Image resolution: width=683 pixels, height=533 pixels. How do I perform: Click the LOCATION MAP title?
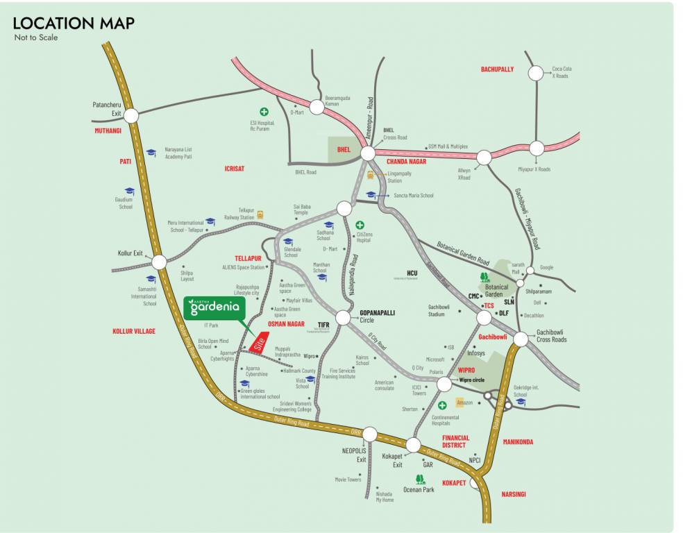click(74, 22)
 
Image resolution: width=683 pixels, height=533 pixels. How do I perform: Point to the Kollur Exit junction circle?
click(159, 262)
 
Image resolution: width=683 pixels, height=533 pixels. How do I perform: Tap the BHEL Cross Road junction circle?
click(368, 153)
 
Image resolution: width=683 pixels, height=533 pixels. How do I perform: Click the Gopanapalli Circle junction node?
click(343, 318)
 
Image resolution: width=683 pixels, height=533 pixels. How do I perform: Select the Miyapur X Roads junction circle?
click(537, 148)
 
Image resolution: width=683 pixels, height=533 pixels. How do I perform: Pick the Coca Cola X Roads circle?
click(536, 73)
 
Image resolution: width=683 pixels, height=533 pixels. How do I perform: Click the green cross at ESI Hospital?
click(264, 111)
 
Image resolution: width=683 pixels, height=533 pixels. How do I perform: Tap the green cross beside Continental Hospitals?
click(442, 405)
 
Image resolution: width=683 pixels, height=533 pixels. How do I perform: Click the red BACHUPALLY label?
click(497, 69)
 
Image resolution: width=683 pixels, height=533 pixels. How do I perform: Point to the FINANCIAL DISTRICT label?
click(455, 442)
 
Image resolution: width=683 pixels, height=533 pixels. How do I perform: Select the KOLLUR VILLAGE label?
click(133, 332)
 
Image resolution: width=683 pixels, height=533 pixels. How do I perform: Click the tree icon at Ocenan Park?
click(419, 478)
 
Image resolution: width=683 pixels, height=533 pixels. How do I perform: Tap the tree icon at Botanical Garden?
click(484, 277)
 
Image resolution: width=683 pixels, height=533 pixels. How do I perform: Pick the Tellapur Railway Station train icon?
click(260, 214)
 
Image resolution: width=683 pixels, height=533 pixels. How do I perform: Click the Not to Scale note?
click(36, 37)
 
